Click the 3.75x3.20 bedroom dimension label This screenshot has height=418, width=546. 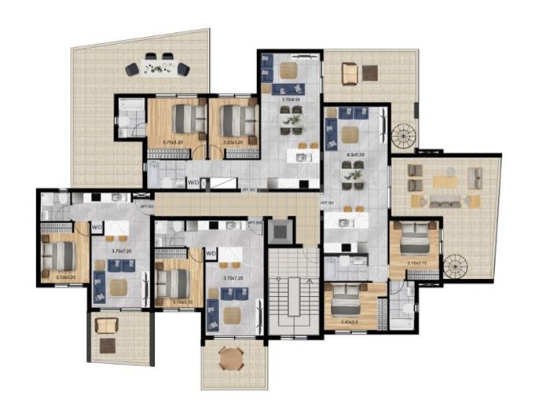click(172, 142)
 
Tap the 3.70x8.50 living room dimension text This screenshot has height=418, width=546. click(293, 101)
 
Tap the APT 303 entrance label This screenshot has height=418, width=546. click(145, 206)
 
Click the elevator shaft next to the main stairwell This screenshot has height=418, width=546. click(279, 231)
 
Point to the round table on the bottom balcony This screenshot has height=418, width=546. click(229, 360)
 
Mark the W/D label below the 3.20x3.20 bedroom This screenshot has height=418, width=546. click(192, 183)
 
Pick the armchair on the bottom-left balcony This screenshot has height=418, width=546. click(104, 324)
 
